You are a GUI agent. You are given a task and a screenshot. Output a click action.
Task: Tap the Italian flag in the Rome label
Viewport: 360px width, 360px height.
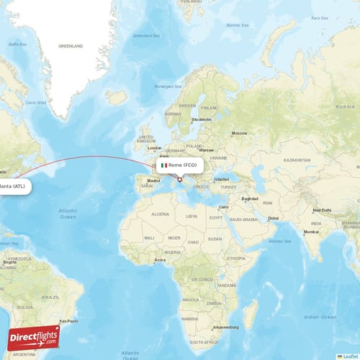coord(163,165)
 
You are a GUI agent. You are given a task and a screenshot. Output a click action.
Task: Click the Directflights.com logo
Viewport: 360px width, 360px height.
coord(33,338)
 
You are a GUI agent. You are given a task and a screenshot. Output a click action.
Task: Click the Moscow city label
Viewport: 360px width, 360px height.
coord(239,133)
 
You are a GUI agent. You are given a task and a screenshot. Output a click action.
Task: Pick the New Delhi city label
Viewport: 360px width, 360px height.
coord(321,210)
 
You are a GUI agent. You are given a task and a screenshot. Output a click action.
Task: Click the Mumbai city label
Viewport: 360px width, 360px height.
coord(310,232)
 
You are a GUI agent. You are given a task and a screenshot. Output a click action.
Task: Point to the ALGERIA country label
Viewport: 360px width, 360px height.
coord(159,214)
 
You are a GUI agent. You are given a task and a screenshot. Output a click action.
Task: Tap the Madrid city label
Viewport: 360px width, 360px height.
coord(153,181)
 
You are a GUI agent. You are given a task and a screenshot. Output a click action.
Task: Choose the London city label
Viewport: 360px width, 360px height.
coord(154,148)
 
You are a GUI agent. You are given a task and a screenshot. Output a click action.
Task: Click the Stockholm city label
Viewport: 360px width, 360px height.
coord(202,119)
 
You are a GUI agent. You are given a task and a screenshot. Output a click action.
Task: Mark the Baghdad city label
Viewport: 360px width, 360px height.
coord(250,198)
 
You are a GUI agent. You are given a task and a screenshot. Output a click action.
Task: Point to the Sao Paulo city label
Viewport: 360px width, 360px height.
coord(68,320)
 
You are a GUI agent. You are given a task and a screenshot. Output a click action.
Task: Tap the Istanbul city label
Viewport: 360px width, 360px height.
coord(221,179)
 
